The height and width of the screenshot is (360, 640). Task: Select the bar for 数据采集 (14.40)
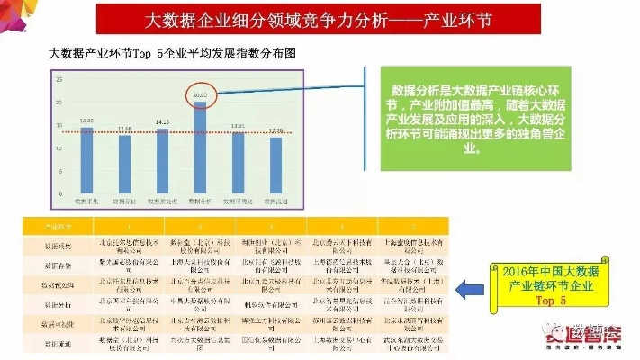[x=86, y=158]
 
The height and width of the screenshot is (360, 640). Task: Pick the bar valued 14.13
[x=163, y=159]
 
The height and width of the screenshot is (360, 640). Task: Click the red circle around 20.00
[x=200, y=94]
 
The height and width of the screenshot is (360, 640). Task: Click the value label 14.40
[x=86, y=121]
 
